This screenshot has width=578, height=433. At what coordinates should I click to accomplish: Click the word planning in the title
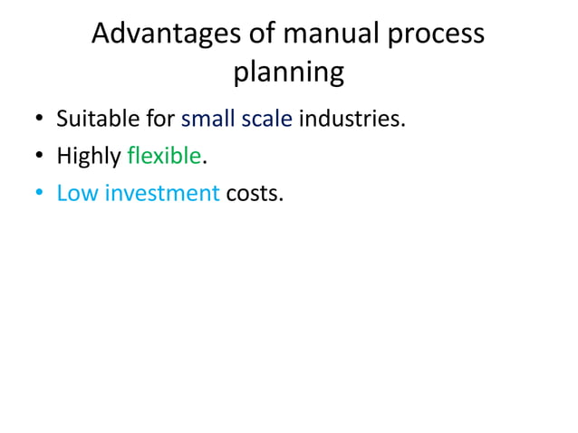pos(288,72)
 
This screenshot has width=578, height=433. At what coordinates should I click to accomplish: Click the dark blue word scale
pos(266,120)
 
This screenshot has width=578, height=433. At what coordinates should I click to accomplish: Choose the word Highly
pos(89,157)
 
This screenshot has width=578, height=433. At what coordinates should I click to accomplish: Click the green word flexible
pos(164,156)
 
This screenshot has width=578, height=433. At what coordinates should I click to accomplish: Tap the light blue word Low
pos(77,193)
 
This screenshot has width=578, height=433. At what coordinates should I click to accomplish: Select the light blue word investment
pos(162,193)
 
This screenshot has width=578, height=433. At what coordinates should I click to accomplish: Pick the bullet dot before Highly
pos(39,158)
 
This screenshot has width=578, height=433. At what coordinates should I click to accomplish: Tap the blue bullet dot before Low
pos(39,195)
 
